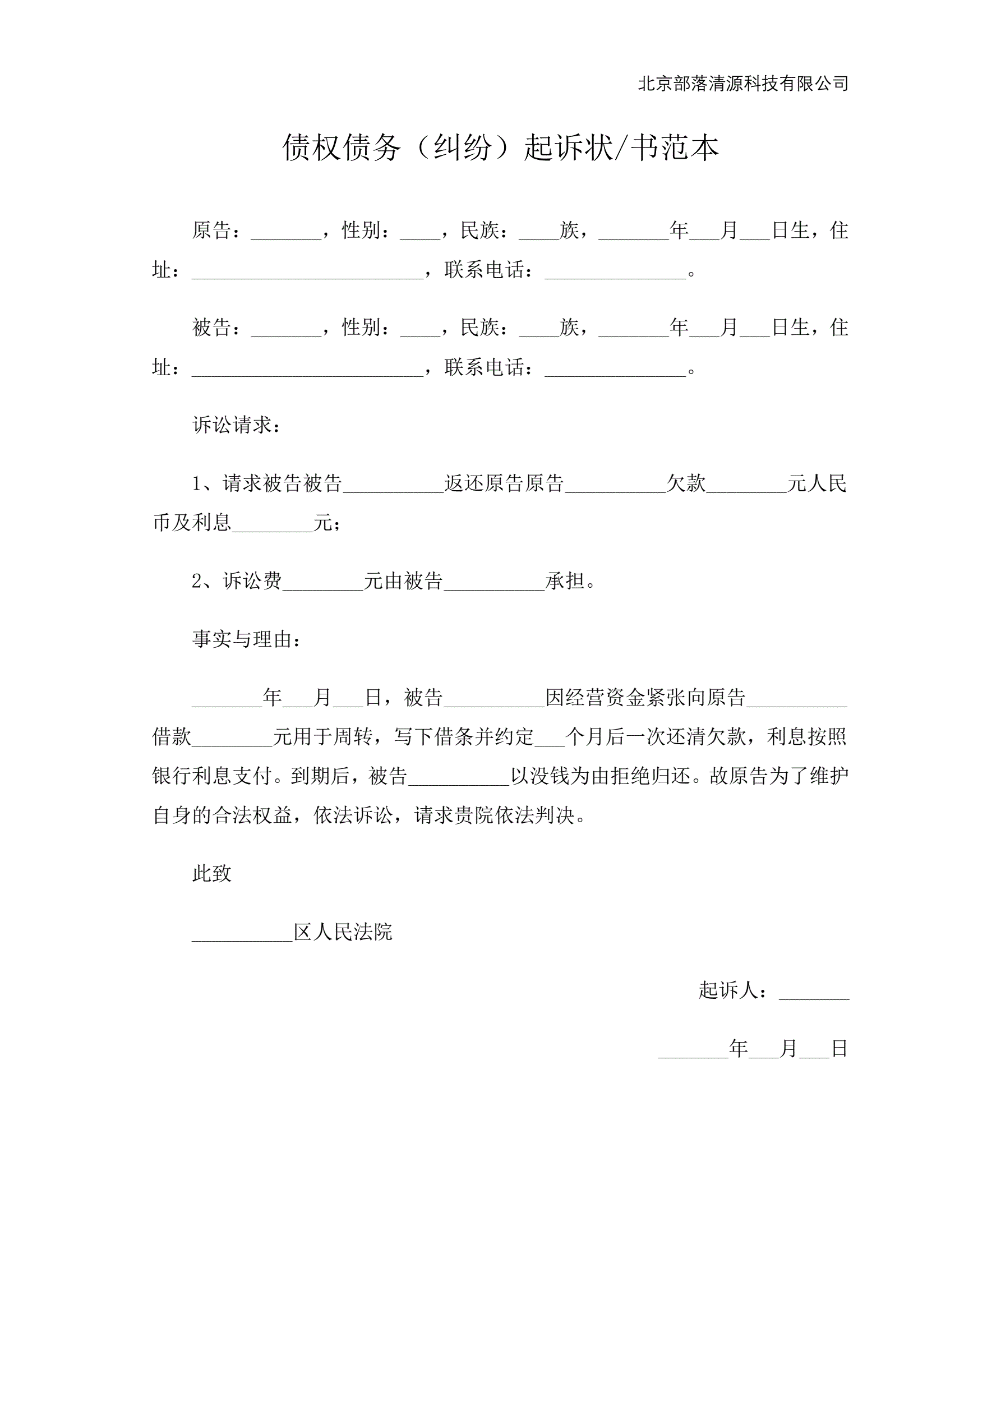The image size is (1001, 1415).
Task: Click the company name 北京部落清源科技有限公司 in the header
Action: tap(742, 83)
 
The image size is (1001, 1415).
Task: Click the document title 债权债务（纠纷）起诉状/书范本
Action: tap(500, 148)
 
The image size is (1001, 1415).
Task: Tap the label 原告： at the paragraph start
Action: tap(216, 231)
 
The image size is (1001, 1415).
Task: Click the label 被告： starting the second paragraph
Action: tap(216, 327)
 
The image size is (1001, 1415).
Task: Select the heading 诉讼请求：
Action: tap(236, 425)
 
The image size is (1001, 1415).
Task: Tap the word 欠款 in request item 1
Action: tap(685, 483)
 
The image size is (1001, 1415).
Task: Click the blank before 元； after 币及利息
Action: tap(273, 524)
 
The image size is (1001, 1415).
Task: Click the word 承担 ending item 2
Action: tap(565, 580)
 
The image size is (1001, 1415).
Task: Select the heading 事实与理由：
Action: tap(246, 639)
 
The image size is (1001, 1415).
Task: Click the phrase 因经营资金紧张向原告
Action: tap(645, 698)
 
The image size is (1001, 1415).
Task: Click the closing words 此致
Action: tap(211, 873)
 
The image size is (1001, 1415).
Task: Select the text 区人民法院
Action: tap(343, 932)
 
